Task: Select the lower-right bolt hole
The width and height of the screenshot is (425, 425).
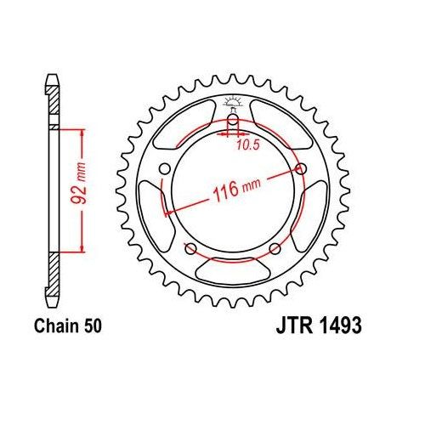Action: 276,248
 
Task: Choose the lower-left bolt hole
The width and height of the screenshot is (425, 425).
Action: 188,248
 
